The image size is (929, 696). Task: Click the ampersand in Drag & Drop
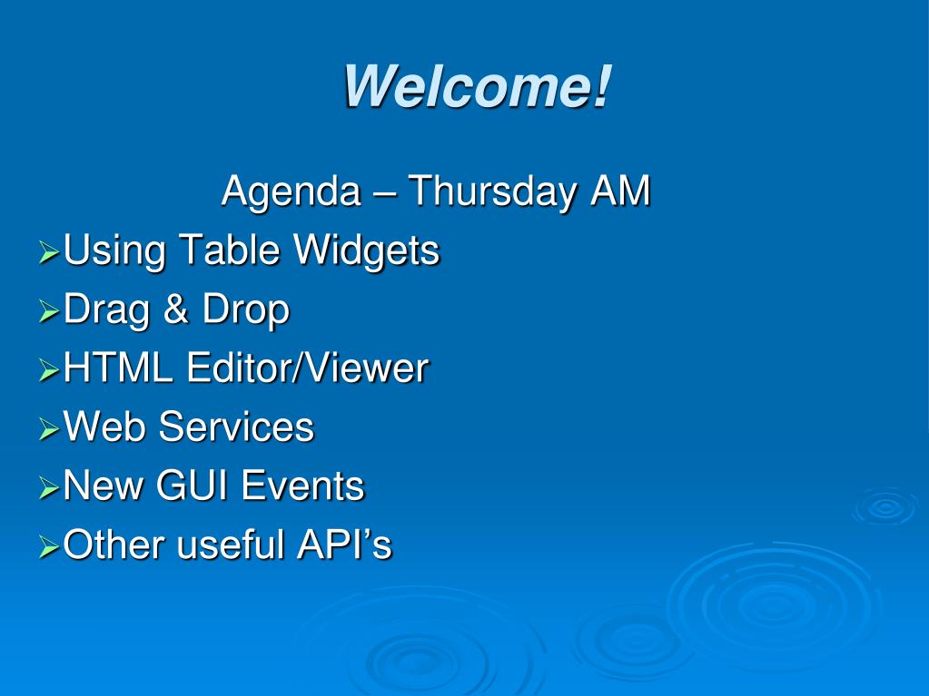click(x=176, y=309)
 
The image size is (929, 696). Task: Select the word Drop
click(x=245, y=310)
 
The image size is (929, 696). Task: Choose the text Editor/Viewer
click(x=308, y=368)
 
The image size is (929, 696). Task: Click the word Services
click(x=236, y=427)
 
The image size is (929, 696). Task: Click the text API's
click(x=344, y=545)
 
